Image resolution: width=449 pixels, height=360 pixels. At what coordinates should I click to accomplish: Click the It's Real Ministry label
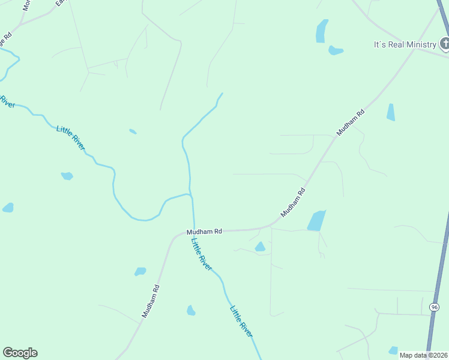click(404, 44)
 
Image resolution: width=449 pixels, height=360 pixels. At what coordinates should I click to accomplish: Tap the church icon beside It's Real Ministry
click(445, 43)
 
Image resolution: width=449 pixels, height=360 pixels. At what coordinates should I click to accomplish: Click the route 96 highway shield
click(435, 307)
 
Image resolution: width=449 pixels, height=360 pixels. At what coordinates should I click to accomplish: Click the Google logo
click(20, 353)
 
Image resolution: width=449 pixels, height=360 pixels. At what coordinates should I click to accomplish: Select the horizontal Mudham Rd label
click(204, 231)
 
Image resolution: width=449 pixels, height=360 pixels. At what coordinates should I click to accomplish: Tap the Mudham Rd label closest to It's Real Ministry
click(351, 122)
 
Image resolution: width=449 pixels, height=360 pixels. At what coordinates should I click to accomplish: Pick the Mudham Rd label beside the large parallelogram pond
click(294, 203)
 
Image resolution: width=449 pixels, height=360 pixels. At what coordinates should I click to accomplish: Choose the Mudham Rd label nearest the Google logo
click(151, 301)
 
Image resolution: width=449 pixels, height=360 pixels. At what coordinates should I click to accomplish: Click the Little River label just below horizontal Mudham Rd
click(202, 254)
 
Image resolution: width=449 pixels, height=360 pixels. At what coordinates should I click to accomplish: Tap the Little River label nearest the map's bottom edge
click(241, 321)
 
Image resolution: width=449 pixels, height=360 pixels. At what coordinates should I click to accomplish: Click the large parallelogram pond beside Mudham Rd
click(316, 221)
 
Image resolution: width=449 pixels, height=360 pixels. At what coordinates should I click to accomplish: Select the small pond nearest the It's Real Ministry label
click(336, 50)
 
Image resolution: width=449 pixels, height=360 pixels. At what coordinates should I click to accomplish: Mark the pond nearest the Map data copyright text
click(393, 350)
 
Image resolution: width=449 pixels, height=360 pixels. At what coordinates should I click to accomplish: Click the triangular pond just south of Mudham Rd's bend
click(260, 247)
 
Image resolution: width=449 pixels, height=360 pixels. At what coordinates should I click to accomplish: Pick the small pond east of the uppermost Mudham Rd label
click(391, 112)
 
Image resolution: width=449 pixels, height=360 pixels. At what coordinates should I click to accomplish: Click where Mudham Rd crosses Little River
click(193, 230)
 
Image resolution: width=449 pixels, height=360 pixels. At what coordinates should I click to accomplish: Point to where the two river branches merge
click(190, 194)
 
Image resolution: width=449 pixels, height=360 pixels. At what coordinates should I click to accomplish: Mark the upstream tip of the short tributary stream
click(223, 93)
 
